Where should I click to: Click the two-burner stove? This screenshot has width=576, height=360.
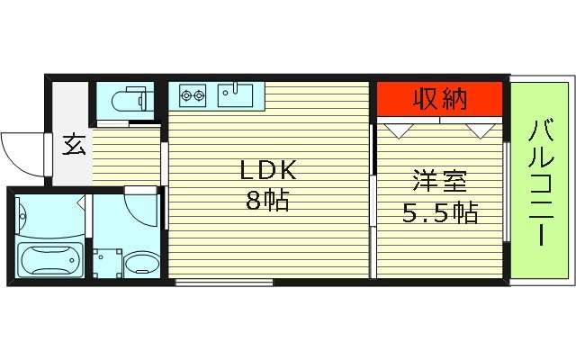click(x=193, y=93)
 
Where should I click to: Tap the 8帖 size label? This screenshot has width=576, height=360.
click(x=267, y=201)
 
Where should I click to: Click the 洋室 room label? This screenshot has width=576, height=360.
click(x=439, y=180)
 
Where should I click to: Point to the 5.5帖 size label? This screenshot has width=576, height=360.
click(x=439, y=213)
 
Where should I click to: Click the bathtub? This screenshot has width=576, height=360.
click(x=49, y=262)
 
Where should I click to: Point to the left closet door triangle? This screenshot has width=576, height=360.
click(x=396, y=129)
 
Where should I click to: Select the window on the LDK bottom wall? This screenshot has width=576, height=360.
click(x=224, y=283)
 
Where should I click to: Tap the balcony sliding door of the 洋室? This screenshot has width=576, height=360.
click(x=506, y=189)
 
